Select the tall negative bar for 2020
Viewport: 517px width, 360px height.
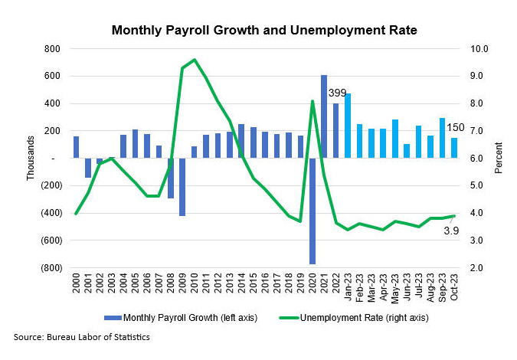coord(312,211)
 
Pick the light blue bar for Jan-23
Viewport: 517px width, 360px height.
coord(348,126)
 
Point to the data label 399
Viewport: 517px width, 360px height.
coord(338,93)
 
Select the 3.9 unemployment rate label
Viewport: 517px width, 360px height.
coord(451,230)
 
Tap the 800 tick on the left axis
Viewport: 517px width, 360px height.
coord(52,48)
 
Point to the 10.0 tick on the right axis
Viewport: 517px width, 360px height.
coord(479,48)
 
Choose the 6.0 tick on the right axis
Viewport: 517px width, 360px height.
coord(479,158)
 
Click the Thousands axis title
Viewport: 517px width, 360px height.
coord(31,159)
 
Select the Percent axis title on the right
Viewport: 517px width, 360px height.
coord(499,159)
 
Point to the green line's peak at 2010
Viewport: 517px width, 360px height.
coord(195,60)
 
